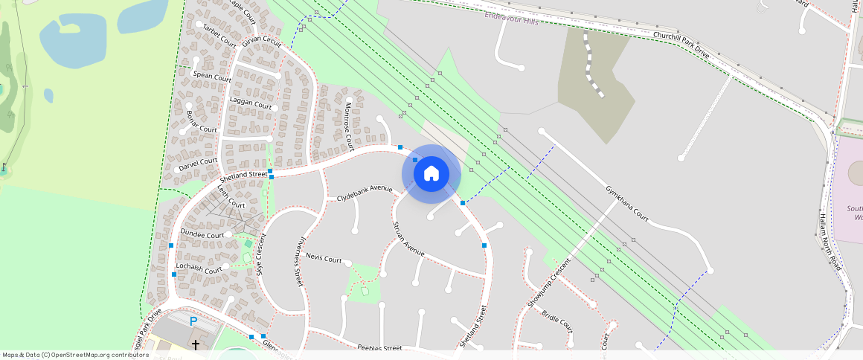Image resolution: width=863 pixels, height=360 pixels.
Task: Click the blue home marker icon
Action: [431, 174]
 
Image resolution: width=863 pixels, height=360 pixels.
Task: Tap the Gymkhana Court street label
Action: [627, 205]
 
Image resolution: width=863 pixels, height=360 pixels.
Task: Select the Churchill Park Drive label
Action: [681, 46]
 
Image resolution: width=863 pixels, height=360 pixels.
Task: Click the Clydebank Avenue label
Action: [364, 193]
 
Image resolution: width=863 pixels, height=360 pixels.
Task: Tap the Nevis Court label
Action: [324, 260]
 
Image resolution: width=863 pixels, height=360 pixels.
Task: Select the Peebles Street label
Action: [379, 347]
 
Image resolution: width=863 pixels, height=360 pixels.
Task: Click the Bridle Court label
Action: [557, 321]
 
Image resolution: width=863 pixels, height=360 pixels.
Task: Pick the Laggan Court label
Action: [251, 104]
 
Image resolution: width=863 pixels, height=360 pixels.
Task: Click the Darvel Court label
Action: [198, 164]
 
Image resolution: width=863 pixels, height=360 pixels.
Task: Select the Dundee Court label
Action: [202, 234]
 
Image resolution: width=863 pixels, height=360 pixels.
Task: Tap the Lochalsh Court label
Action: [198, 268]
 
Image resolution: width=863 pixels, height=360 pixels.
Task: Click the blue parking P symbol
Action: [193, 321]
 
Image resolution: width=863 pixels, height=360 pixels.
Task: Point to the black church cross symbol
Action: [196, 344]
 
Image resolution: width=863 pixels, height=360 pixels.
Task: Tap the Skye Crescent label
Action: [260, 254]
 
